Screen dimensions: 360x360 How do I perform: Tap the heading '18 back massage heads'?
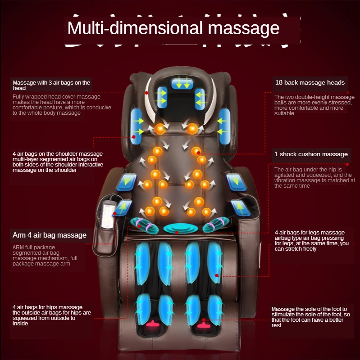point(310,82)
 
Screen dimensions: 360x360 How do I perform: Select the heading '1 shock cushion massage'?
point(311,154)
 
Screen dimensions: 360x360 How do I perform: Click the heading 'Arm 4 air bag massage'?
point(49,235)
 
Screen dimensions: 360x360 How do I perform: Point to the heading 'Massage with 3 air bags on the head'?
point(51,85)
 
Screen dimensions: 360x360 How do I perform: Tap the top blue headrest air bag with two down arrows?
point(182,83)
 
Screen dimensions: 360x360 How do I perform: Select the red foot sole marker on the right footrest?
point(204,323)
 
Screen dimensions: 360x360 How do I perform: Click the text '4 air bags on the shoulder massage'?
point(58,154)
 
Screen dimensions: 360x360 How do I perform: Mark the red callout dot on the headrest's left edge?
point(146,93)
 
